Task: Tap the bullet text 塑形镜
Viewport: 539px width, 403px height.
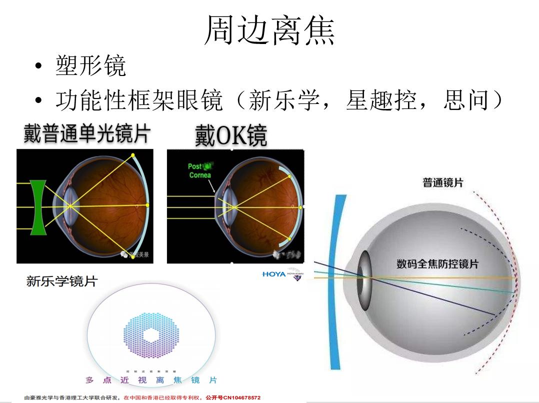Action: [x=90, y=66]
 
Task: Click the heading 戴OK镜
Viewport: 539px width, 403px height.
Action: [x=231, y=135]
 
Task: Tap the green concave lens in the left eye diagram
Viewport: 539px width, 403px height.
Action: [x=38, y=207]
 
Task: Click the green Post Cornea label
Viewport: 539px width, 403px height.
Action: [x=200, y=170]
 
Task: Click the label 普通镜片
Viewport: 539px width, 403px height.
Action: [x=443, y=182]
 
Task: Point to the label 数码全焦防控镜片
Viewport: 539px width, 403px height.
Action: [x=437, y=263]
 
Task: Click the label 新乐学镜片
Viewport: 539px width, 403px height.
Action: [x=61, y=281]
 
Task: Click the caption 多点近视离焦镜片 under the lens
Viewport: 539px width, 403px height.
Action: [x=151, y=380]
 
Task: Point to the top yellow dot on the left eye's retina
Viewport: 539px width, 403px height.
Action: [x=133, y=155]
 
